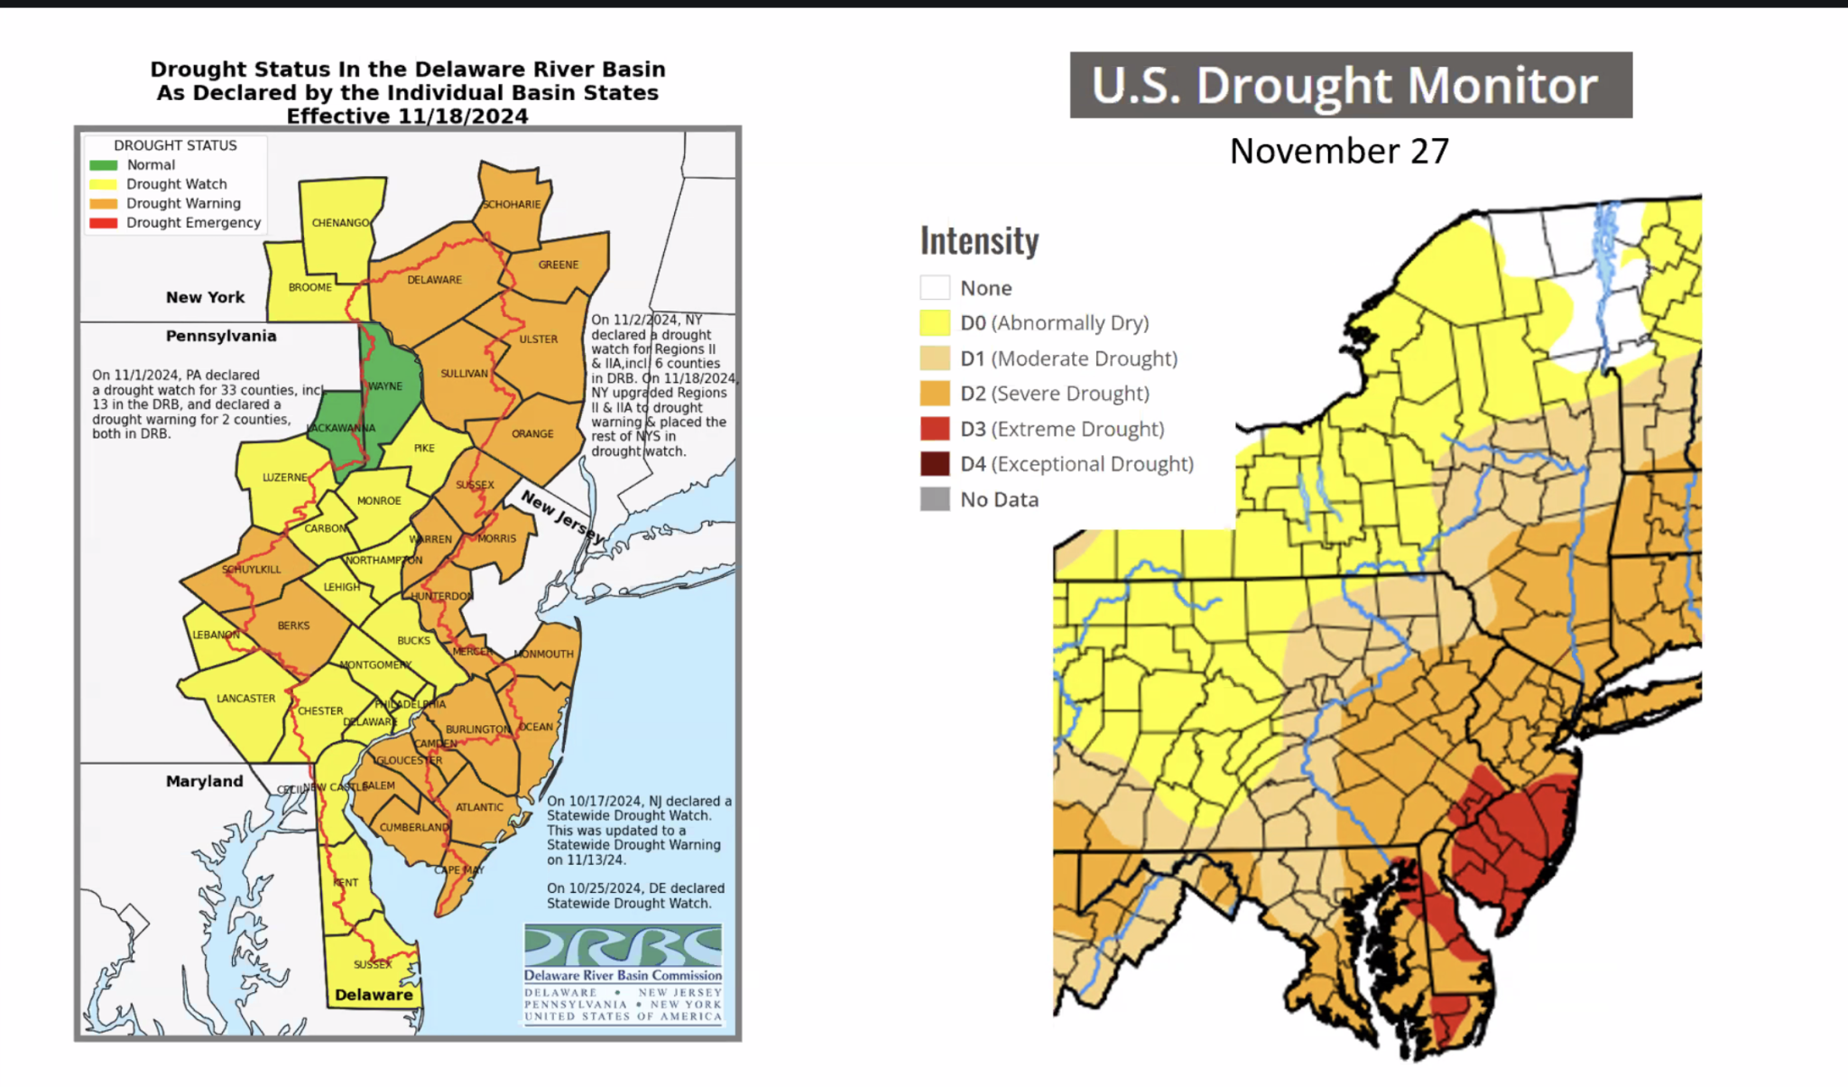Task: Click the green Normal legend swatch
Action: pos(103,165)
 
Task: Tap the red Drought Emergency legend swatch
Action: pos(103,223)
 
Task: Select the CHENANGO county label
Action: pos(340,223)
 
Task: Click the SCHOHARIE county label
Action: pos(512,205)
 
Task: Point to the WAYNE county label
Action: pos(385,386)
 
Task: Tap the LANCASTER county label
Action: pos(245,699)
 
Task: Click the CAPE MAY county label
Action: pos(460,870)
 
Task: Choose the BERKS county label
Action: pos(293,626)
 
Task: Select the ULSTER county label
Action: pos(538,339)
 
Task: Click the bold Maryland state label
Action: pos(204,782)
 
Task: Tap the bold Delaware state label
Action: pos(374,995)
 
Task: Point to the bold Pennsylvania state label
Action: pos(221,336)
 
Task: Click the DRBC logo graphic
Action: pos(623,946)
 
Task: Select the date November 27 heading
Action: pos(1339,152)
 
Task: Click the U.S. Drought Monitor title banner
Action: pos(1350,85)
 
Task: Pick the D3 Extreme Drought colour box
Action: pos(935,429)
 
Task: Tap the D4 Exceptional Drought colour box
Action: pos(935,464)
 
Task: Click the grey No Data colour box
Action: pos(935,499)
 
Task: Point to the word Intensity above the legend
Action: pos(979,241)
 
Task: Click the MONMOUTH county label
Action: pos(544,655)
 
